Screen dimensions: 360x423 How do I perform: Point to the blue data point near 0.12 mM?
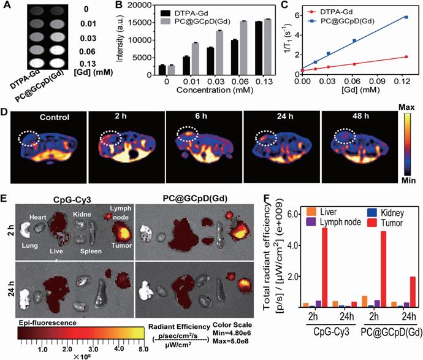tap(406, 17)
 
